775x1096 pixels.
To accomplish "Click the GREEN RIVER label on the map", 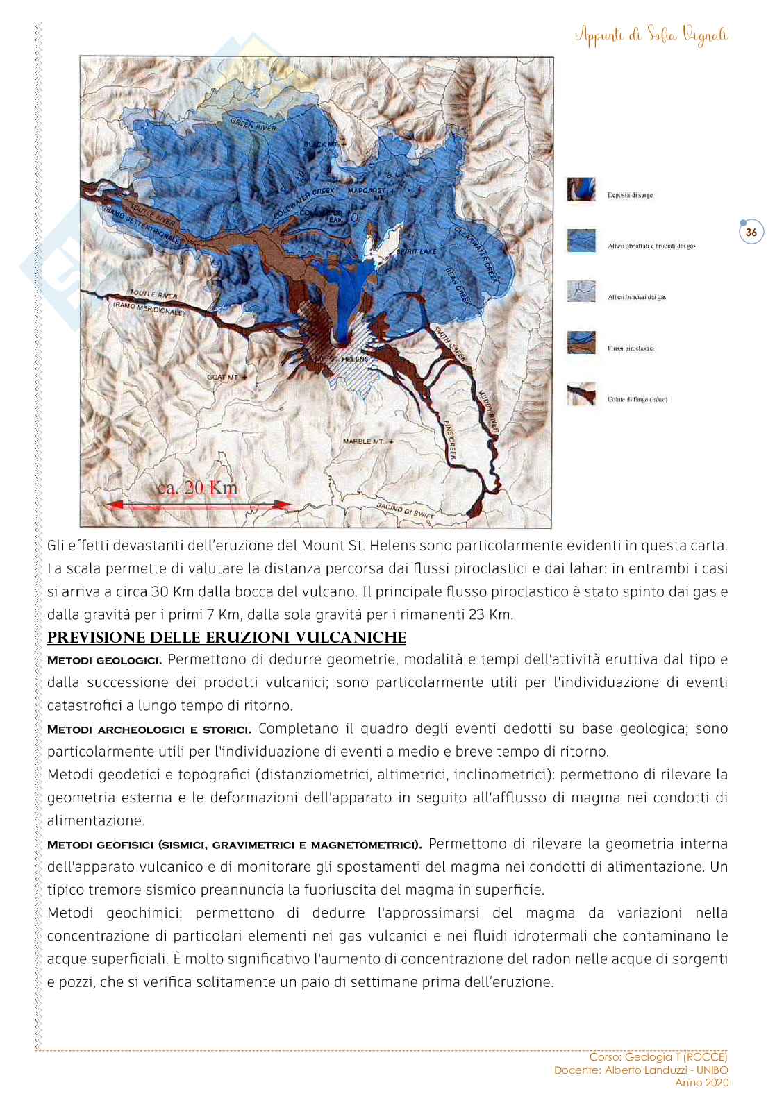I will (x=253, y=124).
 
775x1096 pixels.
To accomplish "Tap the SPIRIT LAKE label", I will (x=416, y=252).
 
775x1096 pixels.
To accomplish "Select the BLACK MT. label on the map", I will (x=324, y=143).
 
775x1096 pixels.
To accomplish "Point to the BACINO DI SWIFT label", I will (x=405, y=509).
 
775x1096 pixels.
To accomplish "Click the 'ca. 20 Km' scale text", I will (x=197, y=487).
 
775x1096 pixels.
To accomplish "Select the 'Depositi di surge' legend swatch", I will (x=581, y=189).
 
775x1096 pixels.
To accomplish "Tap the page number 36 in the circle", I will (x=751, y=233).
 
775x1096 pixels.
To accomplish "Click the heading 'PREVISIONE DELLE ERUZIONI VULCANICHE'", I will (x=226, y=637).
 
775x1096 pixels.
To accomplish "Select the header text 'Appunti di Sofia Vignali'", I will (x=651, y=35).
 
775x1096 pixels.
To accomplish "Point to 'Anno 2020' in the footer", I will (x=702, y=1082).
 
